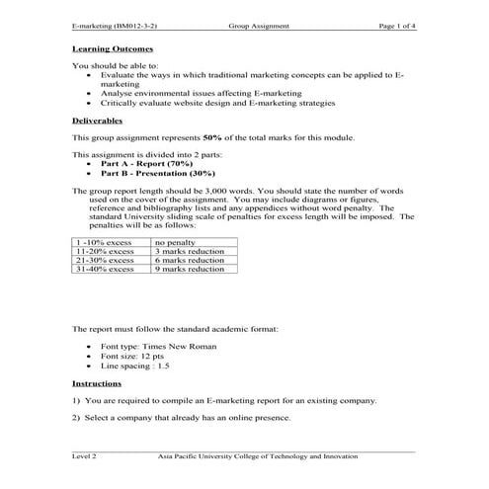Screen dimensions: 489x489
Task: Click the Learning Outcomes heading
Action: coord(113,47)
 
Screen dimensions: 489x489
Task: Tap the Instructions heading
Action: coord(97,382)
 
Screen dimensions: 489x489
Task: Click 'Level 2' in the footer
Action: coord(85,456)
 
